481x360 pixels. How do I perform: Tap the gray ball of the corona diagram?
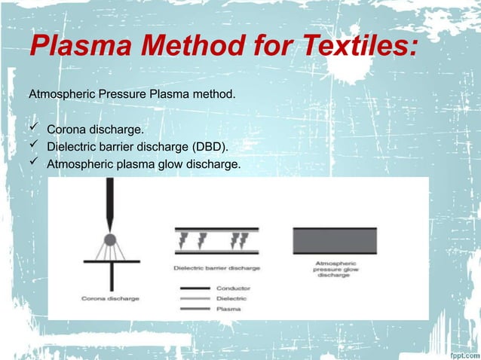click(110, 240)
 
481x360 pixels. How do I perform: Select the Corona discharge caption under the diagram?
click(110, 299)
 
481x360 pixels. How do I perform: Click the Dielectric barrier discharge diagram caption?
click(217, 267)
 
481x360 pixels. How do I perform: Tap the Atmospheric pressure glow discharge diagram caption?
click(333, 270)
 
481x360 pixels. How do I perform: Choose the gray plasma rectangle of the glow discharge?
click(334, 242)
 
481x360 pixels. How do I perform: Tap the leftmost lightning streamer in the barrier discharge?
click(183, 240)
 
